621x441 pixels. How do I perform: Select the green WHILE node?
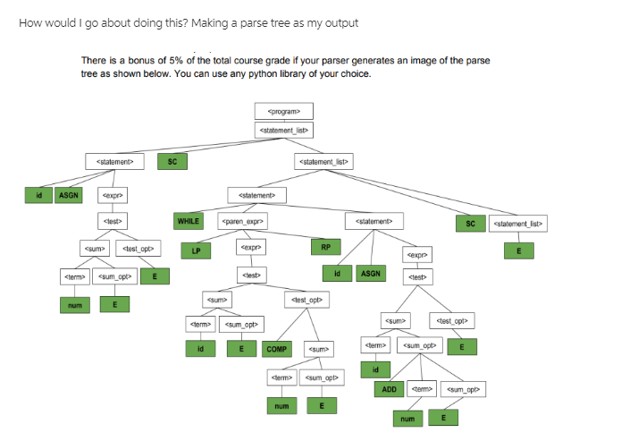(189, 220)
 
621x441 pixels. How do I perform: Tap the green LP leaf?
(196, 250)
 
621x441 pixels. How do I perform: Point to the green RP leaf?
(325, 246)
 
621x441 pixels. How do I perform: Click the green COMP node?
(277, 349)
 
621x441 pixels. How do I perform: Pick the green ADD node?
(390, 389)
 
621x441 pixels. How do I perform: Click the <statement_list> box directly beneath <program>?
(283, 131)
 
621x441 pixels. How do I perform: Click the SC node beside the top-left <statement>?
(172, 162)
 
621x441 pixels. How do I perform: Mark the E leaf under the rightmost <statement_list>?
(518, 250)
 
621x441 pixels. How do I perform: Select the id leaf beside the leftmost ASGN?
(38, 193)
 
